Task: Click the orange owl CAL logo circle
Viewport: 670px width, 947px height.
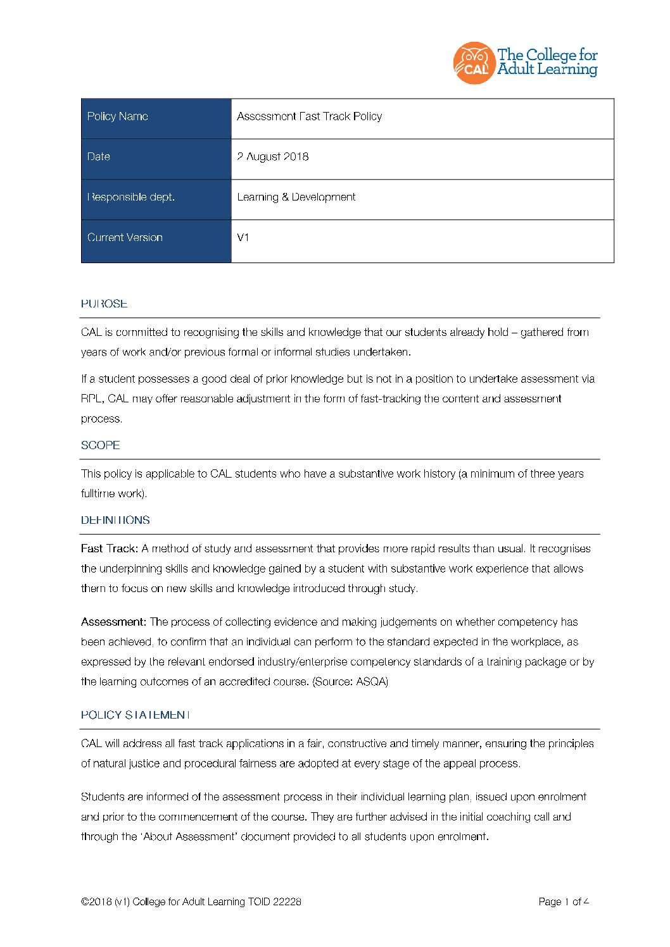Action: (x=473, y=63)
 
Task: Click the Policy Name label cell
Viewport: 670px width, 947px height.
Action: (x=118, y=116)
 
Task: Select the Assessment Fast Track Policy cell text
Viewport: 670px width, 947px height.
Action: (x=309, y=116)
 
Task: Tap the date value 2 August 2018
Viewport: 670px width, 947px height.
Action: (x=273, y=157)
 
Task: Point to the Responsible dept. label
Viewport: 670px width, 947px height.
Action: (x=131, y=197)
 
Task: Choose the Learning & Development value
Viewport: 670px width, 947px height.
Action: (x=296, y=197)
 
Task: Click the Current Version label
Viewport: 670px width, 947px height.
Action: (x=125, y=238)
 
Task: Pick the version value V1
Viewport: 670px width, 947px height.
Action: (x=243, y=238)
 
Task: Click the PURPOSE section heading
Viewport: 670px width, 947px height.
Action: (x=104, y=304)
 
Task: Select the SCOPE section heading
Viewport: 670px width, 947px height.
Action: (x=100, y=445)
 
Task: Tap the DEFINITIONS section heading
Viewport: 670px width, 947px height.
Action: (x=115, y=520)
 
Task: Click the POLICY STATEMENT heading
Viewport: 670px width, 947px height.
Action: (x=135, y=715)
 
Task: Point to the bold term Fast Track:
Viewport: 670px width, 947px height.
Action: (x=109, y=548)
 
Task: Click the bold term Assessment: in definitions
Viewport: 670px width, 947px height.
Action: (x=113, y=622)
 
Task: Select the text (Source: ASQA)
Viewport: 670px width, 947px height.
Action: (x=350, y=681)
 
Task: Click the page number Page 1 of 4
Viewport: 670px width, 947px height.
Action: (x=564, y=901)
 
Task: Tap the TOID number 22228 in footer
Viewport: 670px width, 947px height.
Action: (x=287, y=901)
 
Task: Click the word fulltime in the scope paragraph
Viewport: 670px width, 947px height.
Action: (x=98, y=493)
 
